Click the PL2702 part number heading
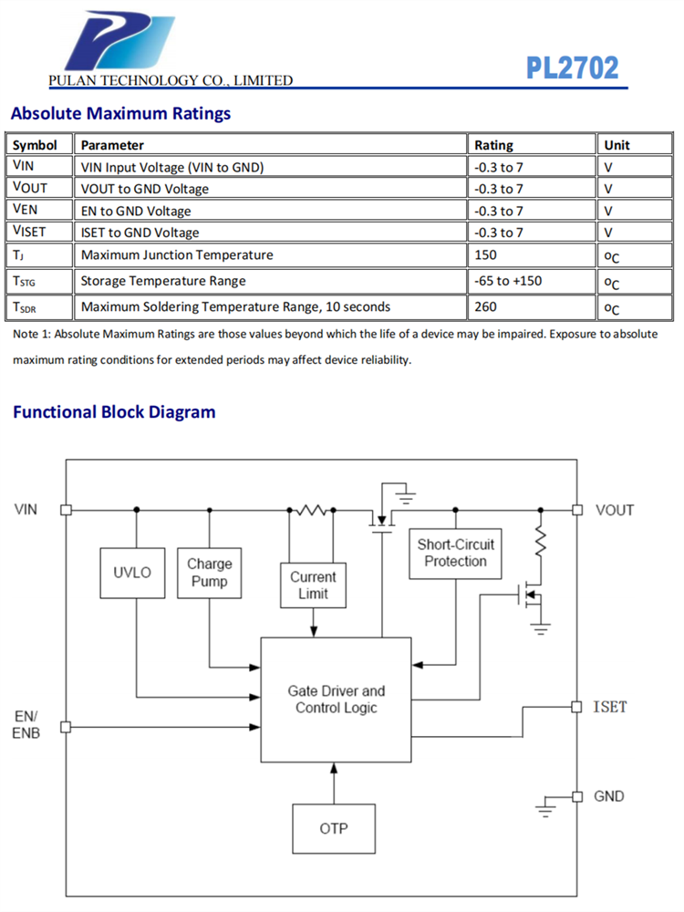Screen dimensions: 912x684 572,67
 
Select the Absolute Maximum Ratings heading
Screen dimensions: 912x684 120,114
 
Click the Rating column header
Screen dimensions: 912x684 493,145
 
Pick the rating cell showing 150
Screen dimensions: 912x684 486,255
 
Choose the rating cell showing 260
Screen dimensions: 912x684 486,307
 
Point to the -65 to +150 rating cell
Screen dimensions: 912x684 508,281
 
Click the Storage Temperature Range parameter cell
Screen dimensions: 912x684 163,281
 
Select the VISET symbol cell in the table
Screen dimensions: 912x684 29,233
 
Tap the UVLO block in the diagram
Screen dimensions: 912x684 132,573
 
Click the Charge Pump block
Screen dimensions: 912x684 210,573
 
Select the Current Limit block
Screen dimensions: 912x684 313,586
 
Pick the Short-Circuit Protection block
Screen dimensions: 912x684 455,554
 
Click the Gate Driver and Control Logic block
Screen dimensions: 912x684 336,700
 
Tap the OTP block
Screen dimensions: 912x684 334,829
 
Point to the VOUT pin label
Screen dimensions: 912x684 614,510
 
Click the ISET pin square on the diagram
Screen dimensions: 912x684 576,707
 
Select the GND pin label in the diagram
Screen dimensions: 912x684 609,796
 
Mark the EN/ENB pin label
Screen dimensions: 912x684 26,724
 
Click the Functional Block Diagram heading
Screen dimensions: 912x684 114,412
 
